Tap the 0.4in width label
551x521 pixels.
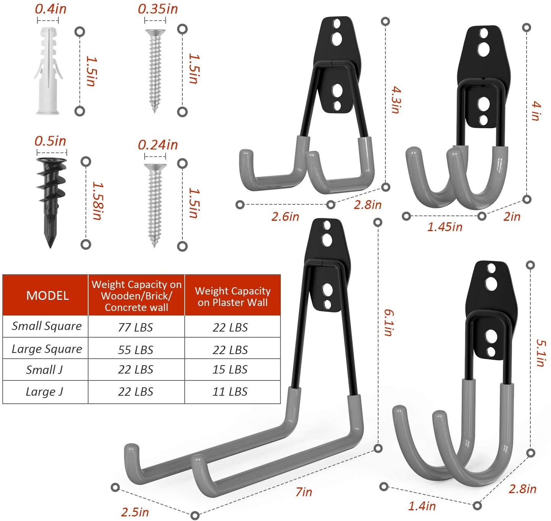(x=50, y=9)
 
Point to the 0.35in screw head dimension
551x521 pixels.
(x=158, y=9)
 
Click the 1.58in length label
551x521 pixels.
(x=98, y=201)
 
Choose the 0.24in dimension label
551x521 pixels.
(x=158, y=145)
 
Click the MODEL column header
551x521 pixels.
(x=47, y=296)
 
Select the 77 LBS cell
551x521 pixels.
(x=135, y=327)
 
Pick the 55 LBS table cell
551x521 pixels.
(x=135, y=349)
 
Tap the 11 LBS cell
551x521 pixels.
(x=230, y=392)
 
